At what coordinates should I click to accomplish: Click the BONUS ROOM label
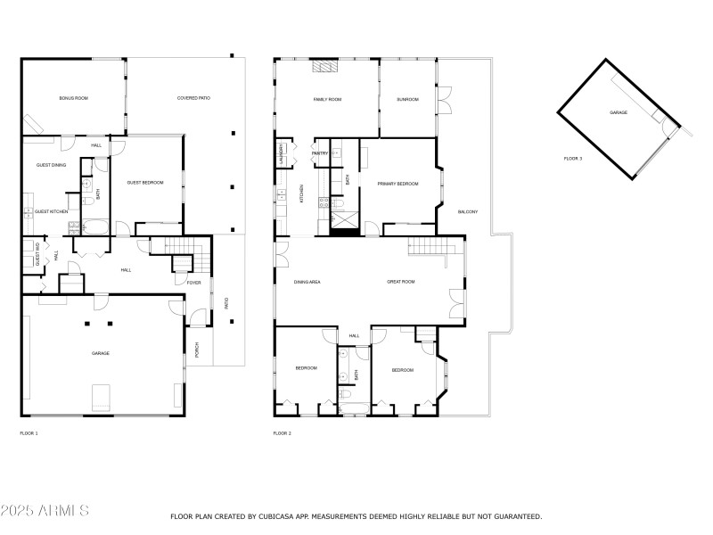coord(71,97)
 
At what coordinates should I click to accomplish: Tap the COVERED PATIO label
coord(193,97)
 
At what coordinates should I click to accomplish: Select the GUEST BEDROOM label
coord(145,183)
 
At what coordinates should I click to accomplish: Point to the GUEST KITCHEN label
coord(52,211)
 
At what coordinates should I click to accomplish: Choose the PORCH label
coord(197,350)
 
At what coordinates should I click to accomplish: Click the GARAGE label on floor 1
coord(101,353)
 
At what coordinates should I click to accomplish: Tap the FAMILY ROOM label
coord(327,99)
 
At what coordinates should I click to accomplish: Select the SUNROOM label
coord(407,99)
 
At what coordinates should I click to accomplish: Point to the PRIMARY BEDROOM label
coord(397,183)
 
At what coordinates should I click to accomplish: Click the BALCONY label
coord(468,211)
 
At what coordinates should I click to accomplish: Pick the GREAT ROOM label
coord(401,282)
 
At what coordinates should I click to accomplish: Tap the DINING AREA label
coord(307,282)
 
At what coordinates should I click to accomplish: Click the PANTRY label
coord(320,153)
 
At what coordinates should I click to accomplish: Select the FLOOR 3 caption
coord(572,159)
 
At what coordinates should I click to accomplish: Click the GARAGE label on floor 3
coord(619,113)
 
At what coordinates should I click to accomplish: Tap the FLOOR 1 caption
coord(29,433)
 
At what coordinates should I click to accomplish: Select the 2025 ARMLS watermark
coord(45,511)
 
